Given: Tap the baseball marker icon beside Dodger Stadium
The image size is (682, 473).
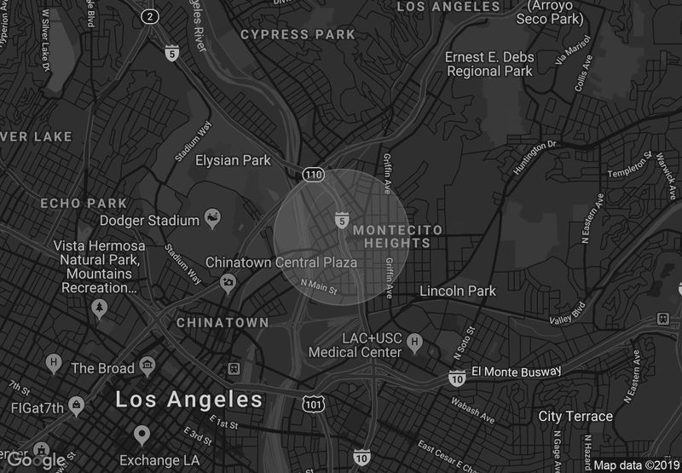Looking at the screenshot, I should coord(212,220).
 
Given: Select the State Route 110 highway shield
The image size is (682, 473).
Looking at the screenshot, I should coord(313,175).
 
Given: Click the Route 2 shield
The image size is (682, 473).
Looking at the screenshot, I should coord(151,16).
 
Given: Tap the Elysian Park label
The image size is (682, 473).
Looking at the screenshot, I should coord(233,160).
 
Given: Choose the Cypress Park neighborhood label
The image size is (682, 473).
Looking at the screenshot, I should coord(298,35).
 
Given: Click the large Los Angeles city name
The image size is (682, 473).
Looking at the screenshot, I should coord(188,399).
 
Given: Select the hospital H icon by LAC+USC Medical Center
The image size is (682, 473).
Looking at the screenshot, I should coord(415,343).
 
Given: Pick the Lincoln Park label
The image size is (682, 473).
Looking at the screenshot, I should coord(458,291).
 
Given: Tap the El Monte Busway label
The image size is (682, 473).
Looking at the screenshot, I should coord(517,372).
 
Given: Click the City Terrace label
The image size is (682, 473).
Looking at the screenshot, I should coord(575,416).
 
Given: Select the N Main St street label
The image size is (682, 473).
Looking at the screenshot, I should coord(320,289).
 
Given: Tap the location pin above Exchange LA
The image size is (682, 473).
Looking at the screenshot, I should coord(142,435).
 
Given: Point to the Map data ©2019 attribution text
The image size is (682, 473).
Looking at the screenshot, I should coord(635,465).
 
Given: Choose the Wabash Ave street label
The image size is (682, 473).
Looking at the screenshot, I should coord(473,411).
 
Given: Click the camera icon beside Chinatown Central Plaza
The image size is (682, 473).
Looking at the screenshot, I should coord(228,283).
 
